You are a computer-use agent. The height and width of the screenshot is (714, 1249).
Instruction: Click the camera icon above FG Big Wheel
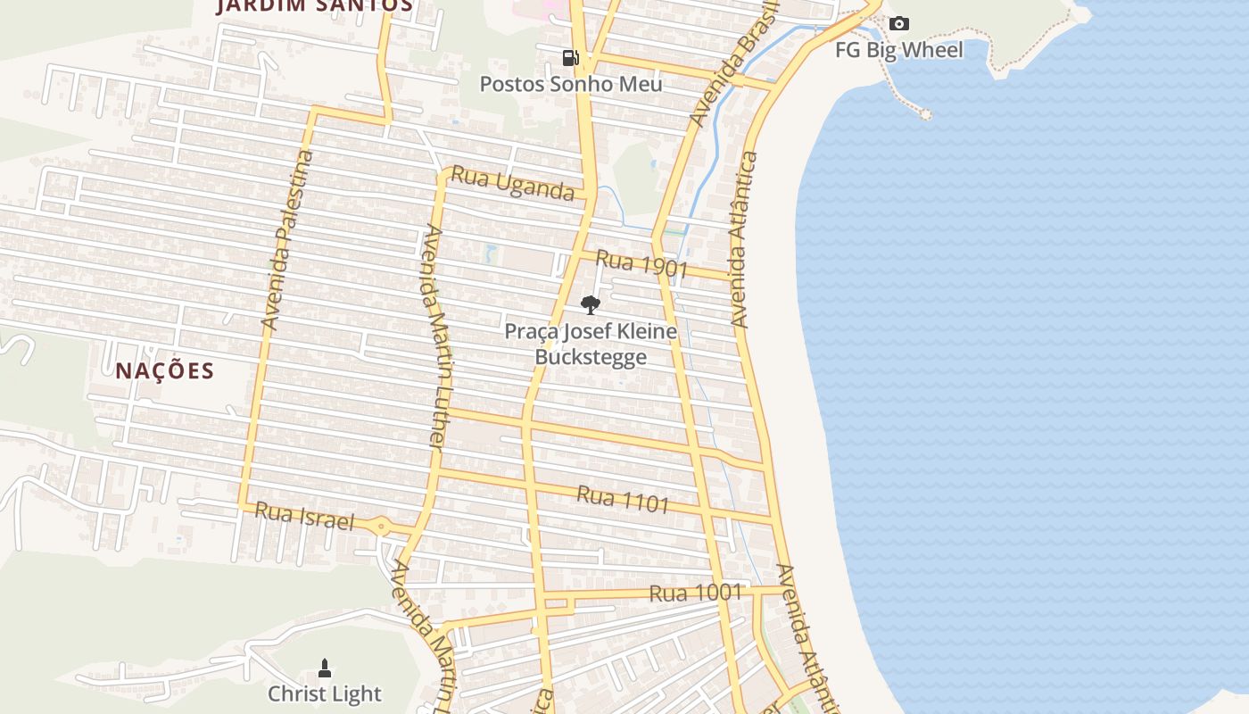click(899, 24)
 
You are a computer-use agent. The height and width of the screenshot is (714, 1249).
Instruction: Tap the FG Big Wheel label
click(899, 50)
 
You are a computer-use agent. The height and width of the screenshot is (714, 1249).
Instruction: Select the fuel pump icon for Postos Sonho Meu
click(570, 59)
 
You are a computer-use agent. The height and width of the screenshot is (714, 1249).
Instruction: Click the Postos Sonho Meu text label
click(571, 85)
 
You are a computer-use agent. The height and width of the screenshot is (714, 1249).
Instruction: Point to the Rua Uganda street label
click(512, 183)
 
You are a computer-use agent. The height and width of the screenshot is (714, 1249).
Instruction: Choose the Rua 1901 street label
click(641, 263)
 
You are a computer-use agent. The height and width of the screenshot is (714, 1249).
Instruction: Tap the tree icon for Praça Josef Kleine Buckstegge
click(590, 305)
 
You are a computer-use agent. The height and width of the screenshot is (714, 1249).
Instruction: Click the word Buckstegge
click(591, 358)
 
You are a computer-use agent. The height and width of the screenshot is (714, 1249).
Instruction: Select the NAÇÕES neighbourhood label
click(165, 370)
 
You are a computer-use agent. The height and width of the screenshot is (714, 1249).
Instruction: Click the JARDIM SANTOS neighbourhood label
click(316, 5)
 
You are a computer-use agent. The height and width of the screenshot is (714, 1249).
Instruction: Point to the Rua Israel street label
click(304, 516)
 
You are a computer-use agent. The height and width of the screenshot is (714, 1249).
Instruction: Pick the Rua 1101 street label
click(623, 499)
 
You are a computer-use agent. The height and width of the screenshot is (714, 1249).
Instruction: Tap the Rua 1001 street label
click(696, 593)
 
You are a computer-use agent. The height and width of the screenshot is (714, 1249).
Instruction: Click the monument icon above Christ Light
click(325, 668)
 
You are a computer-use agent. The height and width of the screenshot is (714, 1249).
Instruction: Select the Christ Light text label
click(325, 693)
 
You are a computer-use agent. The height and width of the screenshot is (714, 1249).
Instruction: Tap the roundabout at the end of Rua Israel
click(382, 527)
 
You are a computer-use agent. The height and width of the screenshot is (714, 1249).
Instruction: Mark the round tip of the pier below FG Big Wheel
click(926, 114)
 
